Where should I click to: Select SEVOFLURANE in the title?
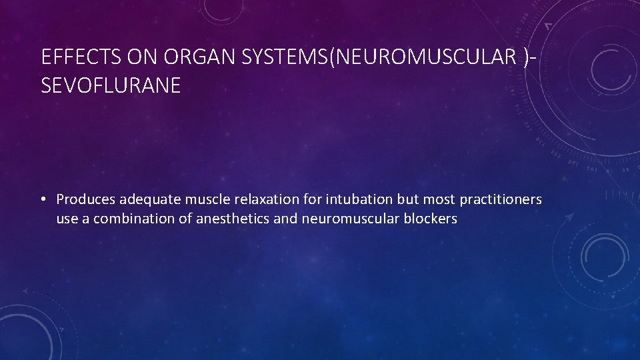pos(111,86)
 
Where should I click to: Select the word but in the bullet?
pos(406,199)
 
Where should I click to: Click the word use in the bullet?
pos(67,219)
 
